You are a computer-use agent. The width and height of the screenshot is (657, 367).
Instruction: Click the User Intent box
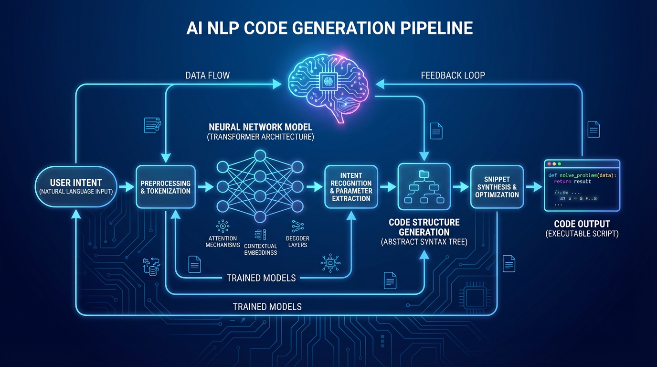pyautogui.click(x=76, y=186)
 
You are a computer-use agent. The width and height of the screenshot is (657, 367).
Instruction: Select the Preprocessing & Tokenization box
pyautogui.click(x=165, y=187)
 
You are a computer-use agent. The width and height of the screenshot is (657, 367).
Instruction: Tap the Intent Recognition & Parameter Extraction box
pyautogui.click(x=351, y=187)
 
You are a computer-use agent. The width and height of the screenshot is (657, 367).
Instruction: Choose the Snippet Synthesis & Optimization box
pyautogui.click(x=497, y=187)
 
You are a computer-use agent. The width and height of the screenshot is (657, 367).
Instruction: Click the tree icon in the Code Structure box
pyautogui.click(x=424, y=187)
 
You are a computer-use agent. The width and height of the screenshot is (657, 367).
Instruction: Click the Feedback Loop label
pyautogui.click(x=453, y=76)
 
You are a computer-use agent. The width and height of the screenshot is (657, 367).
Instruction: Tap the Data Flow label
pyautogui.click(x=208, y=76)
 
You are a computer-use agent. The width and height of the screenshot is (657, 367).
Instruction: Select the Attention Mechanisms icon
pyautogui.click(x=223, y=226)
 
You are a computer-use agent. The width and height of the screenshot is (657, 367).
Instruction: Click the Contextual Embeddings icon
pyautogui.click(x=260, y=234)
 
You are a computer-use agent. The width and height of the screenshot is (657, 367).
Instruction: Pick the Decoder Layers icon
pyautogui.click(x=297, y=226)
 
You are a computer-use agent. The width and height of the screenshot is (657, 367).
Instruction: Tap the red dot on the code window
pyautogui.click(x=549, y=164)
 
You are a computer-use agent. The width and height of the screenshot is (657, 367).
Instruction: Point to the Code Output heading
pyautogui.click(x=582, y=224)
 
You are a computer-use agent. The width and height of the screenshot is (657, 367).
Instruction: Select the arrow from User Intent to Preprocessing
pyautogui.click(x=127, y=187)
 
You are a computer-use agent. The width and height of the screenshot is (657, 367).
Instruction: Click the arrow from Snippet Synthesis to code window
pyautogui.click(x=533, y=187)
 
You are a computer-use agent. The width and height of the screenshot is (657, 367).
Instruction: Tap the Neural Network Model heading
pyautogui.click(x=260, y=127)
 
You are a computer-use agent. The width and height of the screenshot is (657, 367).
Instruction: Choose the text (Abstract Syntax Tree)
pyautogui.click(x=424, y=242)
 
